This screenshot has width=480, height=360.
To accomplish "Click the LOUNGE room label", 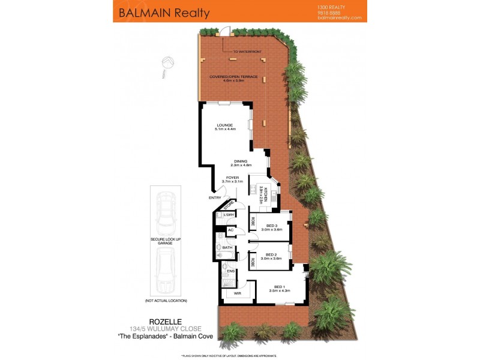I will tap(225, 125).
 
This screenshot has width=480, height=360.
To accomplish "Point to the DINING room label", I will tap(242, 161).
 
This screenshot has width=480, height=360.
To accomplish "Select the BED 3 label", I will tap(274, 226).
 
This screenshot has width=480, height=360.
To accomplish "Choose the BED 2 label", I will tap(274, 254).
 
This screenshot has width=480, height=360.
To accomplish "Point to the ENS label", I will tap(230, 271).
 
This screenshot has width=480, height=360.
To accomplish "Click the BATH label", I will tap(227, 247).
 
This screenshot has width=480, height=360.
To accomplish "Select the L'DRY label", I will tap(228, 215).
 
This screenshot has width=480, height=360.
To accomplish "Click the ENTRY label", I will tap(214, 197).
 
